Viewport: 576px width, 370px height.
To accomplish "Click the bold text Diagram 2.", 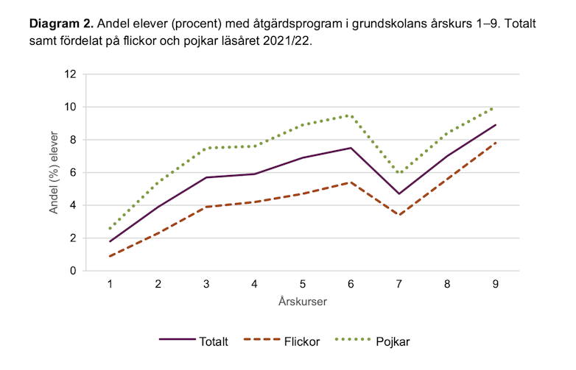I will [x=61, y=24].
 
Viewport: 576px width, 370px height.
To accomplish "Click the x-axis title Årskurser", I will [x=303, y=302].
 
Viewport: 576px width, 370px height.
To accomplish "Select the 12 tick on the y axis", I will [x=71, y=74].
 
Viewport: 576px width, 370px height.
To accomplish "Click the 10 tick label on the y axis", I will [x=71, y=107].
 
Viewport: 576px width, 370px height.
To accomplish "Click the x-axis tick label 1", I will [x=110, y=284].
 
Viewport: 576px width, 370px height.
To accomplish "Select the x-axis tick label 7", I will [x=399, y=284].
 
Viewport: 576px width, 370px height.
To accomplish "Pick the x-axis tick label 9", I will [x=496, y=284].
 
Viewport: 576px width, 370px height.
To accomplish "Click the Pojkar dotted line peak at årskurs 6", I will [x=351, y=115].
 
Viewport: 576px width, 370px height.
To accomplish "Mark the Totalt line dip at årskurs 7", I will [x=399, y=194].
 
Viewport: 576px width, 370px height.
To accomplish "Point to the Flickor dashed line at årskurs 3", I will [x=206, y=207].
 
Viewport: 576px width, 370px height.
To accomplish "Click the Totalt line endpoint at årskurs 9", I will [x=496, y=125].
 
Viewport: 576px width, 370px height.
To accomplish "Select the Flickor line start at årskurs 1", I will [x=110, y=256].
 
